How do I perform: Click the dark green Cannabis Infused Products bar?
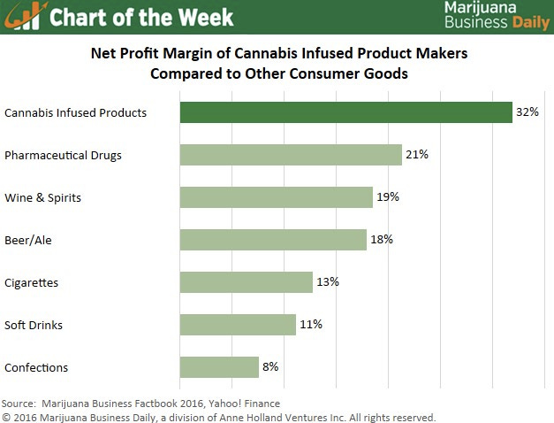pos(345,112)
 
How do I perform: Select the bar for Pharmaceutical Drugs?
pos(291,155)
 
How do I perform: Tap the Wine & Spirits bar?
pos(276,197)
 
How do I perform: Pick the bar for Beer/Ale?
pos(273,240)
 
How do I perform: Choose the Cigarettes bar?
pos(246,282)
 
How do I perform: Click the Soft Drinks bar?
pos(238,325)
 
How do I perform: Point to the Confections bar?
pos(219,367)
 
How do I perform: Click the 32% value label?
pos(528,112)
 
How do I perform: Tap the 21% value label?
pos(417,155)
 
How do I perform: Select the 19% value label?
pos(388,197)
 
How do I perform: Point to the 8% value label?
pos(272,367)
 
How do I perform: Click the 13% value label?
pos(328,282)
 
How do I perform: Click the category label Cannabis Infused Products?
pos(75,113)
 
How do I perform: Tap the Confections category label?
pos(36,368)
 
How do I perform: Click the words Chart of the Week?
pos(141,17)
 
